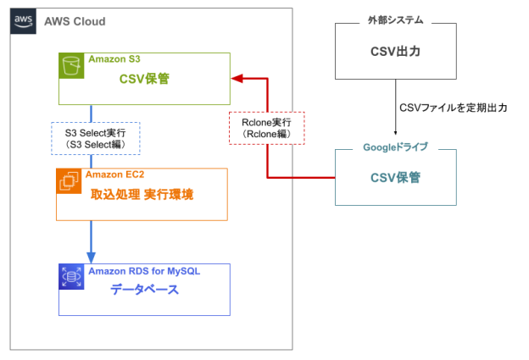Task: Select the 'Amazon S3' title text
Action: point(114,59)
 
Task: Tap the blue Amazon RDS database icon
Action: point(71,277)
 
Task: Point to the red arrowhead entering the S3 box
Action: point(238,80)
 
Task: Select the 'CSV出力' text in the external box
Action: point(396,51)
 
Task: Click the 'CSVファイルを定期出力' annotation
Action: point(454,108)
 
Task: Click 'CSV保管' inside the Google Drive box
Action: point(396,178)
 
